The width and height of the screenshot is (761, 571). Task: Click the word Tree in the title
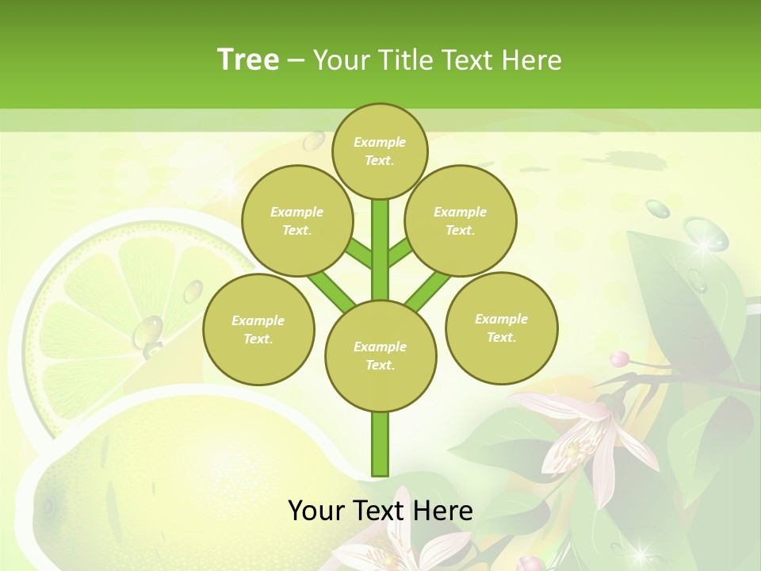[248, 60]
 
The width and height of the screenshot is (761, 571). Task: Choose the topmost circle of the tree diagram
[380, 151]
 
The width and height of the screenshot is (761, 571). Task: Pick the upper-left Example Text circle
[296, 220]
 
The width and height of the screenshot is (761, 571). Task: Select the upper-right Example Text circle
[460, 220]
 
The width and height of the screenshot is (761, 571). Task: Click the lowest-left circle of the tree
[258, 329]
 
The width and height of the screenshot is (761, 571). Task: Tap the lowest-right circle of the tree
[501, 328]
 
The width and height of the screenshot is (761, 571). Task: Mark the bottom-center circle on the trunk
[380, 355]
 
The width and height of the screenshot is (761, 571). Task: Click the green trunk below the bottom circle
[380, 444]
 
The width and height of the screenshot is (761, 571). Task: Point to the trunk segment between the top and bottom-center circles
[380, 250]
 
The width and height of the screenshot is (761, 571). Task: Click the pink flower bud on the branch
[620, 359]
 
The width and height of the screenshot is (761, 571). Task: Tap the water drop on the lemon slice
[148, 332]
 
